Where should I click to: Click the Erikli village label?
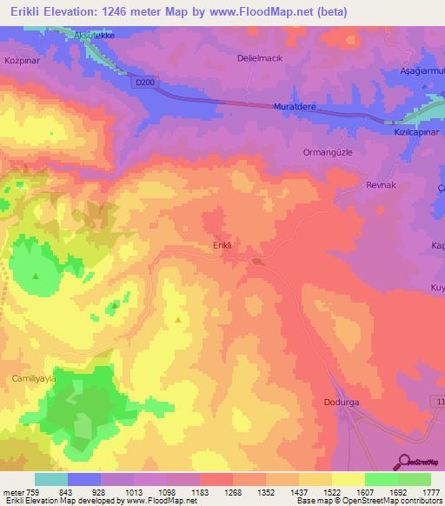pos(223,245)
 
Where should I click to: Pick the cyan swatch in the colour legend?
pos(51,479)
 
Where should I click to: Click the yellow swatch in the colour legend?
pos(348,479)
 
